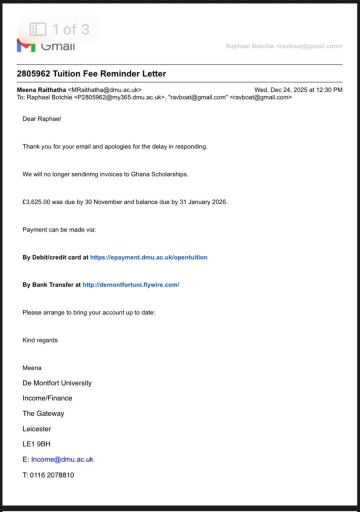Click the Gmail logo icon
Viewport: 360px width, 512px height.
pyautogui.click(x=25, y=45)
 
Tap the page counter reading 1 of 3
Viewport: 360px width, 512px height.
pyautogui.click(x=70, y=29)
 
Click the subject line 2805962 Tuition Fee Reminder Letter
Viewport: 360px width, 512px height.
pyautogui.click(x=91, y=73)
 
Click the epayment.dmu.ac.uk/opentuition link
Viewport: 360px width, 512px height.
pyautogui.click(x=148, y=257)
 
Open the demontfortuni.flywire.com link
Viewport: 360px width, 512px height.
pyautogui.click(x=130, y=285)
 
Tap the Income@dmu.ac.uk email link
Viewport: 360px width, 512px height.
pyautogui.click(x=62, y=459)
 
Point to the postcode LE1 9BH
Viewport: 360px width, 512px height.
pyautogui.click(x=36, y=444)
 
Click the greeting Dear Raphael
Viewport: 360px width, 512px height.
pyautogui.click(x=41, y=119)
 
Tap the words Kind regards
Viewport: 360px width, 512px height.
pyautogui.click(x=40, y=340)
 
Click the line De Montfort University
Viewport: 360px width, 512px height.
pyautogui.click(x=57, y=383)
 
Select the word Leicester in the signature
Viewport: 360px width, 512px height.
pyautogui.click(x=36, y=429)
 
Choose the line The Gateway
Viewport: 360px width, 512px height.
pyautogui.click(x=43, y=413)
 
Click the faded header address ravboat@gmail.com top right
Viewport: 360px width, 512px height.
pyautogui.click(x=310, y=46)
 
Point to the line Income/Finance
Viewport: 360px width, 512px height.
pyautogui.click(x=47, y=398)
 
